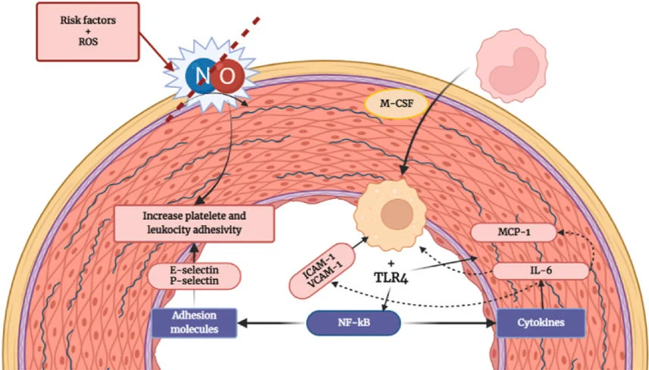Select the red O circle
tap(227, 76)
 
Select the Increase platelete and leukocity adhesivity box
tap(194, 223)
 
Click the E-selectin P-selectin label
tap(193, 274)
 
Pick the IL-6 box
tap(541, 270)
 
